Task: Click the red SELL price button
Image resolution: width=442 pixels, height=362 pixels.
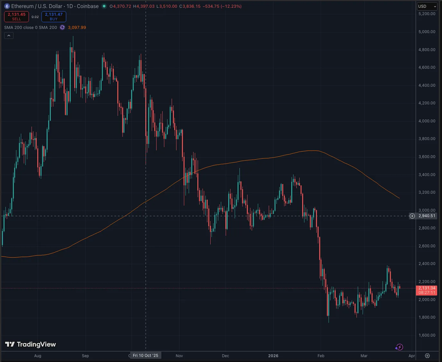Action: [16, 17]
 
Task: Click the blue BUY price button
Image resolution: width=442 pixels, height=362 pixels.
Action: [54, 17]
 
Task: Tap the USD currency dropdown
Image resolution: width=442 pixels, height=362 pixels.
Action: [427, 6]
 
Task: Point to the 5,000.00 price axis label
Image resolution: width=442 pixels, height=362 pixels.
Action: [427, 32]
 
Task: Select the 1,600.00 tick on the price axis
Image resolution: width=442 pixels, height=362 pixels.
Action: [427, 335]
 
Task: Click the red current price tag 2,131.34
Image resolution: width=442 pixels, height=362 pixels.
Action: [427, 290]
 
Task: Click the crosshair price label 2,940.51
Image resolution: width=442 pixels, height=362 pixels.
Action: [427, 216]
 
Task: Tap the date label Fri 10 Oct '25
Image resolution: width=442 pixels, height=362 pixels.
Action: [146, 355]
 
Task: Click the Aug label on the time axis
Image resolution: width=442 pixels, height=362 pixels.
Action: [38, 356]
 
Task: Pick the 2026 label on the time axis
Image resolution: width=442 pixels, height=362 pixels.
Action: [273, 356]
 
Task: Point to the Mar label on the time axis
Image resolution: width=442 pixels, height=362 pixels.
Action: [364, 356]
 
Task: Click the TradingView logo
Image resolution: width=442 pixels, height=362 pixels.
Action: [31, 344]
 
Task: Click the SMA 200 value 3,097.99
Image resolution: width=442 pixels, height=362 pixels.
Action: [77, 28]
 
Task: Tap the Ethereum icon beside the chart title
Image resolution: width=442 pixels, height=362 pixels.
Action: [7, 6]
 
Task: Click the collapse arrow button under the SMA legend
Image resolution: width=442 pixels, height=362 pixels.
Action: [9, 36]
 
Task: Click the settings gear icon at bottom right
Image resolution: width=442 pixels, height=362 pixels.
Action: [427, 356]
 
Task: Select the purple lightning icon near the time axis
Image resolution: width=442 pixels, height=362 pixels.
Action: [399, 347]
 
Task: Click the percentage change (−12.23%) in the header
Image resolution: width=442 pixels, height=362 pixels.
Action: [231, 6]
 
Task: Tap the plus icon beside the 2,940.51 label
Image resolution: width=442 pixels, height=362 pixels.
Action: [412, 216]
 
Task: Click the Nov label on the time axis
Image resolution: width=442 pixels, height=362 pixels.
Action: [179, 356]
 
